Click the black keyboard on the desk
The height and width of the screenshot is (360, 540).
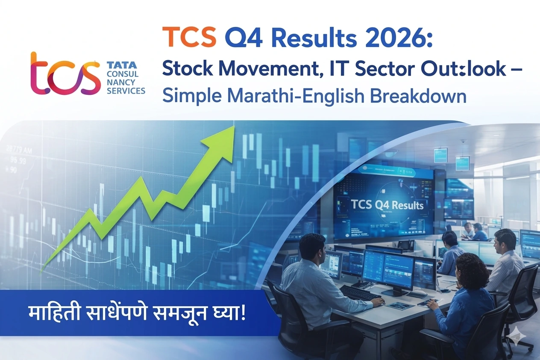(x=360, y=293)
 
